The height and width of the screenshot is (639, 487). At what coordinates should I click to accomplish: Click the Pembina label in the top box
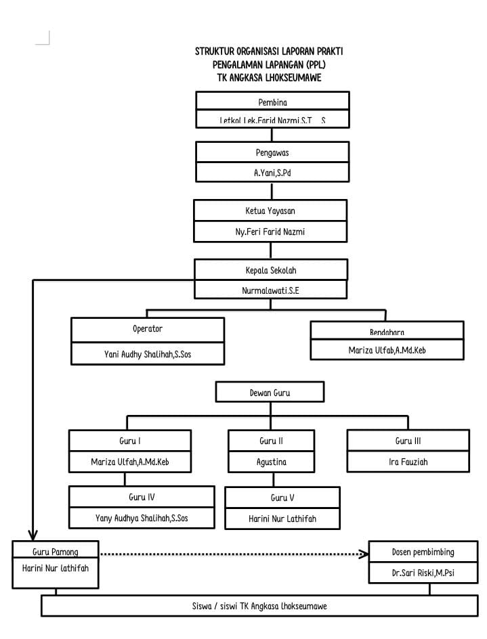pyautogui.click(x=272, y=102)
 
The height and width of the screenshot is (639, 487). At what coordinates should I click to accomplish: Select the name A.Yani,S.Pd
pyautogui.click(x=272, y=173)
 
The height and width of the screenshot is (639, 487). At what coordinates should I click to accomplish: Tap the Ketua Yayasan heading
pyautogui.click(x=270, y=211)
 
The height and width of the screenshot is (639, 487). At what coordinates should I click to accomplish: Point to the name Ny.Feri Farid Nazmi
pyautogui.click(x=270, y=232)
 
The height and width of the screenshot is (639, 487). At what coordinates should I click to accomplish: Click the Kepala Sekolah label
pyautogui.click(x=271, y=270)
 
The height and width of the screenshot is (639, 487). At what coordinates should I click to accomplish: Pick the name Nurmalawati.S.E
pyautogui.click(x=271, y=290)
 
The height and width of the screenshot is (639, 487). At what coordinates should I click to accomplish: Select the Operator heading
pyautogui.click(x=148, y=329)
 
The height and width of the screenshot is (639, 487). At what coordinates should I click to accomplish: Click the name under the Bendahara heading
pyautogui.click(x=387, y=351)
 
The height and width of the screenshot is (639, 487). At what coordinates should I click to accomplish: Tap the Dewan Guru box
pyautogui.click(x=270, y=392)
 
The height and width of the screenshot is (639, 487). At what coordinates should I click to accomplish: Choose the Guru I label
pyautogui.click(x=130, y=441)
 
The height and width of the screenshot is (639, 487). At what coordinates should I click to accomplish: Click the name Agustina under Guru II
pyautogui.click(x=271, y=462)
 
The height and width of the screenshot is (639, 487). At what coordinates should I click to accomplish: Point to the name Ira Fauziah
pyautogui.click(x=408, y=462)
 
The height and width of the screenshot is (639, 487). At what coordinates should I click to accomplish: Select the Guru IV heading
pyautogui.click(x=142, y=497)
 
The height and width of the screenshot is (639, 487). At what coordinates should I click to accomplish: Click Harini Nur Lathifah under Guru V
pyautogui.click(x=282, y=519)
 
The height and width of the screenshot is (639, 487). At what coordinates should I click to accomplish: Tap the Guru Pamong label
pyautogui.click(x=56, y=552)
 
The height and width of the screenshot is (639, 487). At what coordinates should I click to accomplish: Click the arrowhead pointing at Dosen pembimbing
pyautogui.click(x=364, y=554)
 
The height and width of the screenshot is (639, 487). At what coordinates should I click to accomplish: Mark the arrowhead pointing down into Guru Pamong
pyautogui.click(x=33, y=535)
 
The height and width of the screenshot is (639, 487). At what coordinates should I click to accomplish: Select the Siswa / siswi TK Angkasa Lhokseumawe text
pyautogui.click(x=259, y=606)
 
